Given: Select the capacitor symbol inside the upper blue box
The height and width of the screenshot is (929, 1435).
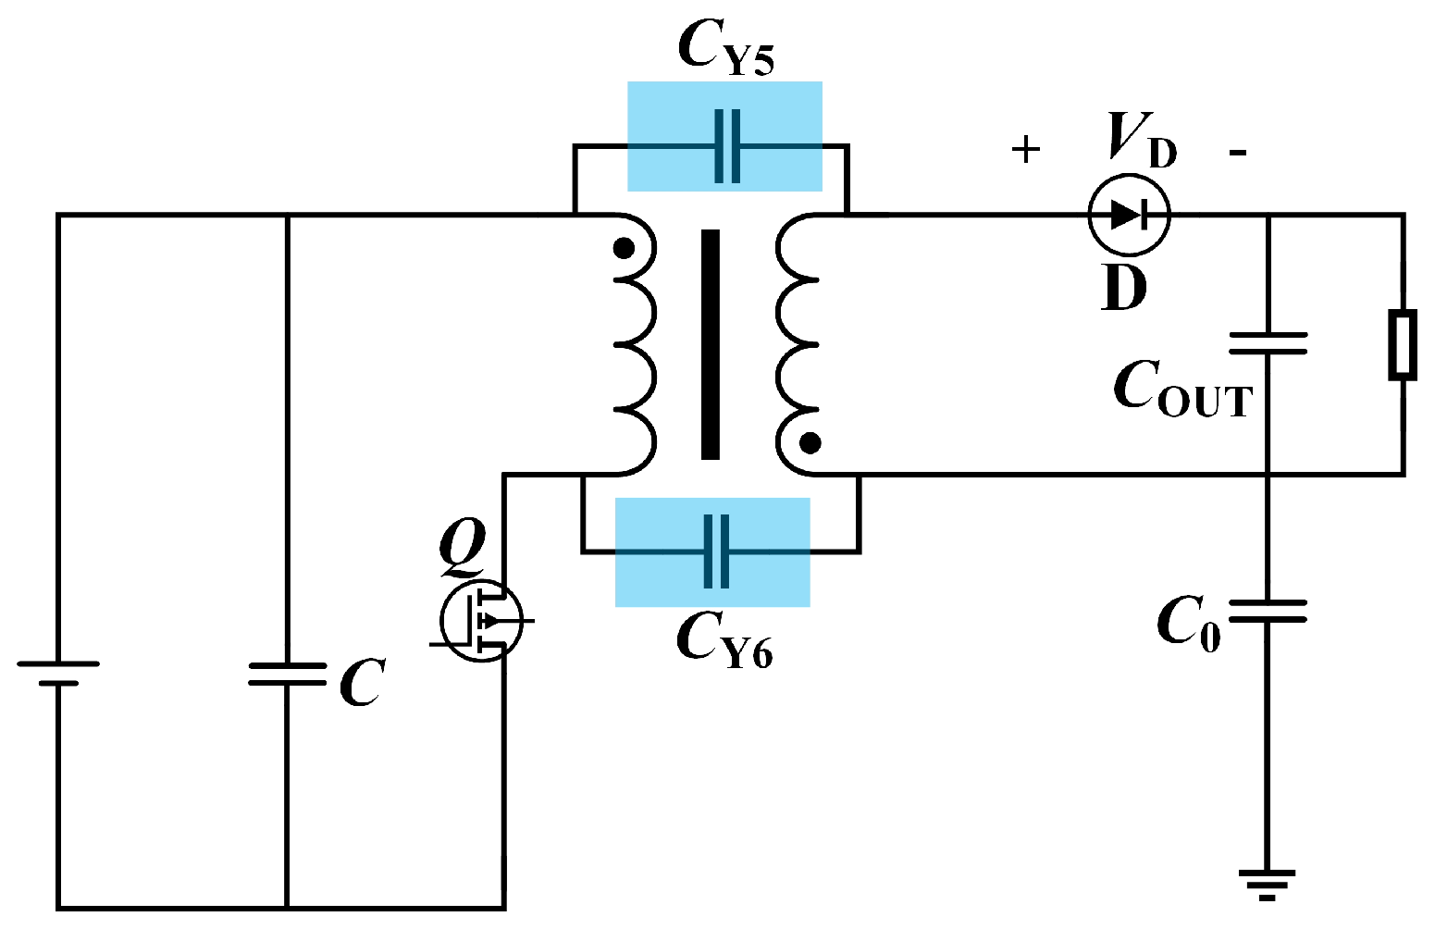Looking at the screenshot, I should [727, 146].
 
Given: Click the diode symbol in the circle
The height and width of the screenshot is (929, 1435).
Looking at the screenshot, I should [1129, 215].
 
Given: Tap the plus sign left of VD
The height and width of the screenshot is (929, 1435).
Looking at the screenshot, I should [1025, 149].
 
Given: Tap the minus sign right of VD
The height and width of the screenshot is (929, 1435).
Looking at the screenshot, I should [1238, 152].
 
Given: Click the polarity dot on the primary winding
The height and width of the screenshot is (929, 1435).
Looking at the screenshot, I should [625, 248].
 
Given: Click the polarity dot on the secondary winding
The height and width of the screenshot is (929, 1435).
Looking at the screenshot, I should [810, 444].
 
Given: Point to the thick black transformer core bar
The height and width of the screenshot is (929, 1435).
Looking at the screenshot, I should [710, 344].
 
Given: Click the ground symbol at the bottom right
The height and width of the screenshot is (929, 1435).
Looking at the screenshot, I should [1267, 883].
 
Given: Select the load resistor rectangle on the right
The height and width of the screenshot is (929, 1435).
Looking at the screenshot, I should [1403, 345].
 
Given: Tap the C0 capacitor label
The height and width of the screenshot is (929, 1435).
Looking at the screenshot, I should [1188, 623].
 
